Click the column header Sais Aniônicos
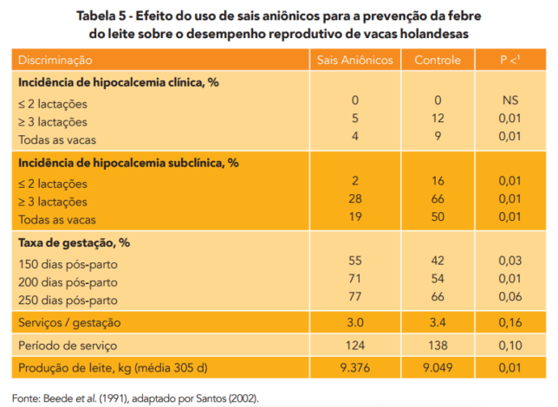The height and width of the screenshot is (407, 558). (x=355, y=61)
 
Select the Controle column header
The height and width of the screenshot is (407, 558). (x=438, y=61)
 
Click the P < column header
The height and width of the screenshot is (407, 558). (x=509, y=61)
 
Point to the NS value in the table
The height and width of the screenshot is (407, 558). (x=509, y=101)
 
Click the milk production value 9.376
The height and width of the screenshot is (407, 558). (x=355, y=368)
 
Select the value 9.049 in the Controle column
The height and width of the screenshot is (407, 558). (x=438, y=368)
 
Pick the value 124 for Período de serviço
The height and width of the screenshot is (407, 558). (x=355, y=345)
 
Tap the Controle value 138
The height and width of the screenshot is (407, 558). (x=438, y=345)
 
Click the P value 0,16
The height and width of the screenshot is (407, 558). (x=509, y=322)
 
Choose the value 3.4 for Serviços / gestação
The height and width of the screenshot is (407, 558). (x=438, y=322)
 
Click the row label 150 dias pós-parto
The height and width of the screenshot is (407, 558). (x=67, y=262)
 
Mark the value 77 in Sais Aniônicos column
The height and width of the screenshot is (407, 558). (x=355, y=296)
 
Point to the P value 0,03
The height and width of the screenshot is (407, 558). (x=509, y=262)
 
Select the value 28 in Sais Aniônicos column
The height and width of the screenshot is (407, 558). (x=355, y=199)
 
